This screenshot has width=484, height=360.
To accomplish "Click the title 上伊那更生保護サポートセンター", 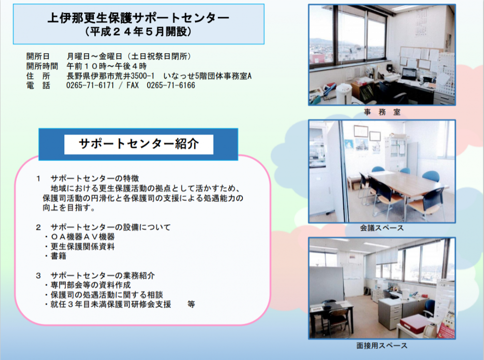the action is [138, 18].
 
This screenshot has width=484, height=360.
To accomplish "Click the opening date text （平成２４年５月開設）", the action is [138, 31].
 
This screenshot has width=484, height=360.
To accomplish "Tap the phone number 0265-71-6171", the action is [90, 85].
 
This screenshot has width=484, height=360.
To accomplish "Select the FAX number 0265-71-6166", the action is [171, 85].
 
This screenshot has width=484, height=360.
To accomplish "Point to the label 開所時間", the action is [42, 66].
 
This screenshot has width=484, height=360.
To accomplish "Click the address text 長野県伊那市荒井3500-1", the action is [110, 76].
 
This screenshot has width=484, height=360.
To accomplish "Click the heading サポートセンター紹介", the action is [138, 144].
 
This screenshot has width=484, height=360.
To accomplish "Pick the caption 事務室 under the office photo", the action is [382, 112].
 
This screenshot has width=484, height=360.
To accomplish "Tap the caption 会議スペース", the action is [382, 228].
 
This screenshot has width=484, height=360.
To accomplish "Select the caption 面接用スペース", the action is [382, 346].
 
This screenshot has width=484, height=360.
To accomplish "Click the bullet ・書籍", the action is [55, 256].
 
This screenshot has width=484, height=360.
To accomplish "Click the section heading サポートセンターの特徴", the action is [95, 178].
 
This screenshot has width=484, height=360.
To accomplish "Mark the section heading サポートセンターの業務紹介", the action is [103, 275].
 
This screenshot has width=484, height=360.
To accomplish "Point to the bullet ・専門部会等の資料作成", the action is [87, 285].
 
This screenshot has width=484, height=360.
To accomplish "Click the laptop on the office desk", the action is [410, 75].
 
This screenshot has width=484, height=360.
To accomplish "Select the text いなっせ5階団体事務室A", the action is [208, 76].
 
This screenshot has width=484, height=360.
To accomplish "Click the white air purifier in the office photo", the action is [344, 94].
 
